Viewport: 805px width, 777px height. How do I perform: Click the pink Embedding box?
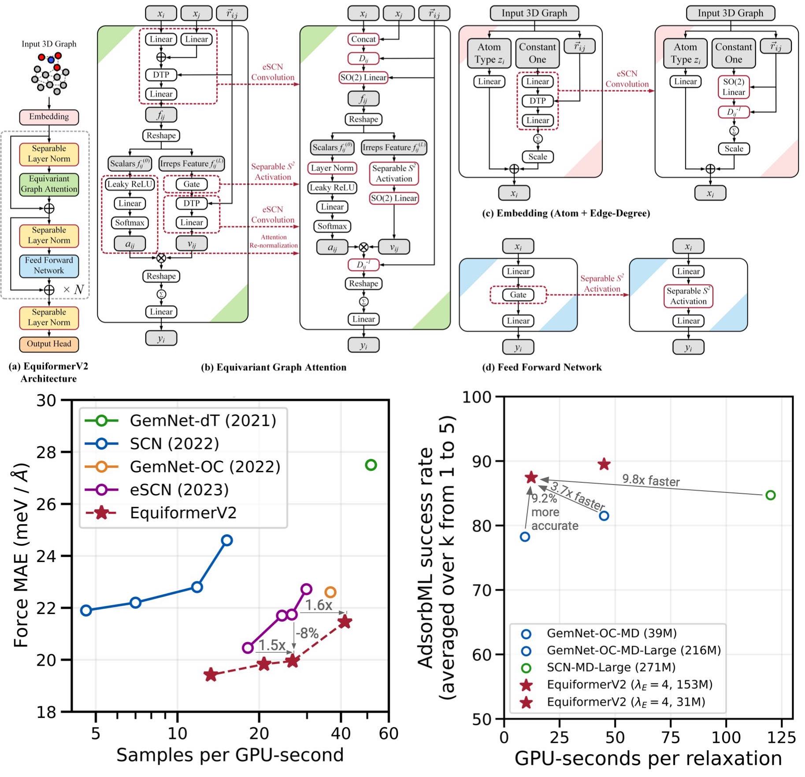49,117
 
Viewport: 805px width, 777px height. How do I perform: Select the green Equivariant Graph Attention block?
49,184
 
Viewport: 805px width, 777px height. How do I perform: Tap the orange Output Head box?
49,344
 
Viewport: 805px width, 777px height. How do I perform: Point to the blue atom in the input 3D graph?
51,60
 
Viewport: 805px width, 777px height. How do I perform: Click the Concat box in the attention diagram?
363,39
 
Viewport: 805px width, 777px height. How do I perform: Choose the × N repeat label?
73,290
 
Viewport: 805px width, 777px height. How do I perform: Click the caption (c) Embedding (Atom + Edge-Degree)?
566,214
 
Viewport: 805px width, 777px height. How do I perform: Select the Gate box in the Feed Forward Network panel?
518,295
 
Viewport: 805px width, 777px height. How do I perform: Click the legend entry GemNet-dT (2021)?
203,421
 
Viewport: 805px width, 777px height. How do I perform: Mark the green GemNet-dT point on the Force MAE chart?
371,465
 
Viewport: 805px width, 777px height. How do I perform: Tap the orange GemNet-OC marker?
330,592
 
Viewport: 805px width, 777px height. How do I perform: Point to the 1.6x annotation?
319,605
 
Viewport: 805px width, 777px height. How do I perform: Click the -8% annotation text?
307,633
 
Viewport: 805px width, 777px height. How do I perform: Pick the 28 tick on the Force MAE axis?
46,452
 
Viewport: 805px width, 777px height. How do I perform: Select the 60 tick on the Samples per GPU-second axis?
389,733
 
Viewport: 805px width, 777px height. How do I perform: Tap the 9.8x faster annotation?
651,481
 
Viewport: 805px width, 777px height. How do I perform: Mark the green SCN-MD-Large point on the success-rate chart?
770,495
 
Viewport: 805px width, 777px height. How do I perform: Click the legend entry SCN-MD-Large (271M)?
611,667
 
